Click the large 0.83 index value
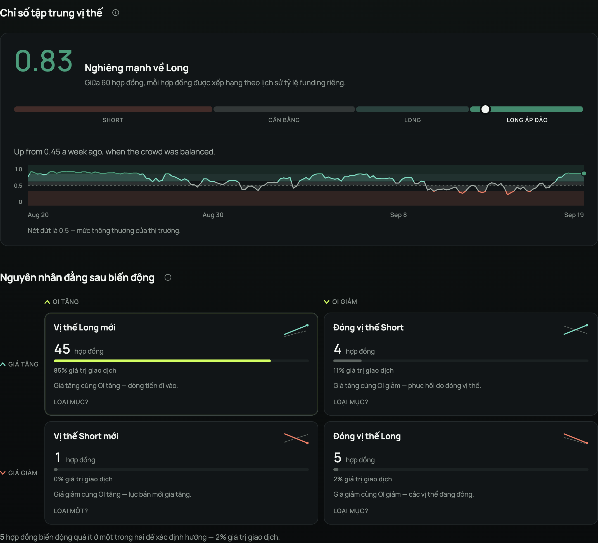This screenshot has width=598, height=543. point(44,61)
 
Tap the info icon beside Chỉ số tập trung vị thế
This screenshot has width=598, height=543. point(116,13)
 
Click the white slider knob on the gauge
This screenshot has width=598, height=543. point(485,109)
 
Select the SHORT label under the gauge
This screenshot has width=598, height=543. point(113,120)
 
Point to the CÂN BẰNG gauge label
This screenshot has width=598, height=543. point(284,120)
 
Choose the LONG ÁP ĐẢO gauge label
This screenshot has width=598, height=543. point(527,120)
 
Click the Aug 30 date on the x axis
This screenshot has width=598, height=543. point(213,215)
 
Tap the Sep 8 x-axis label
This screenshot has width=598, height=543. point(398,215)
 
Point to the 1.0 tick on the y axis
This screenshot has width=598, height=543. point(18,169)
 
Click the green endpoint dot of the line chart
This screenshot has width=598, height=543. point(584,173)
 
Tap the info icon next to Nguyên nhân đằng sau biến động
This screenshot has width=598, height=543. point(168,277)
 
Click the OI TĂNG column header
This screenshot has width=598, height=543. point(62,302)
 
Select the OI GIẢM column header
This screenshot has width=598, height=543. point(341,302)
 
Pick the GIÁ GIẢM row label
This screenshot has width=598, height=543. point(19,473)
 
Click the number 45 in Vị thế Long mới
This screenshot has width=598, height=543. point(62,349)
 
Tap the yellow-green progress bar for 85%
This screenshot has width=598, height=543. point(162,361)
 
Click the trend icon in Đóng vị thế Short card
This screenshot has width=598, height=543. point(575,330)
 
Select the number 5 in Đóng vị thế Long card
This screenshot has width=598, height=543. point(338,458)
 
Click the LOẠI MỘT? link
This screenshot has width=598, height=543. point(71,511)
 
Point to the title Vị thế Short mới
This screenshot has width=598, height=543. point(86,436)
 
